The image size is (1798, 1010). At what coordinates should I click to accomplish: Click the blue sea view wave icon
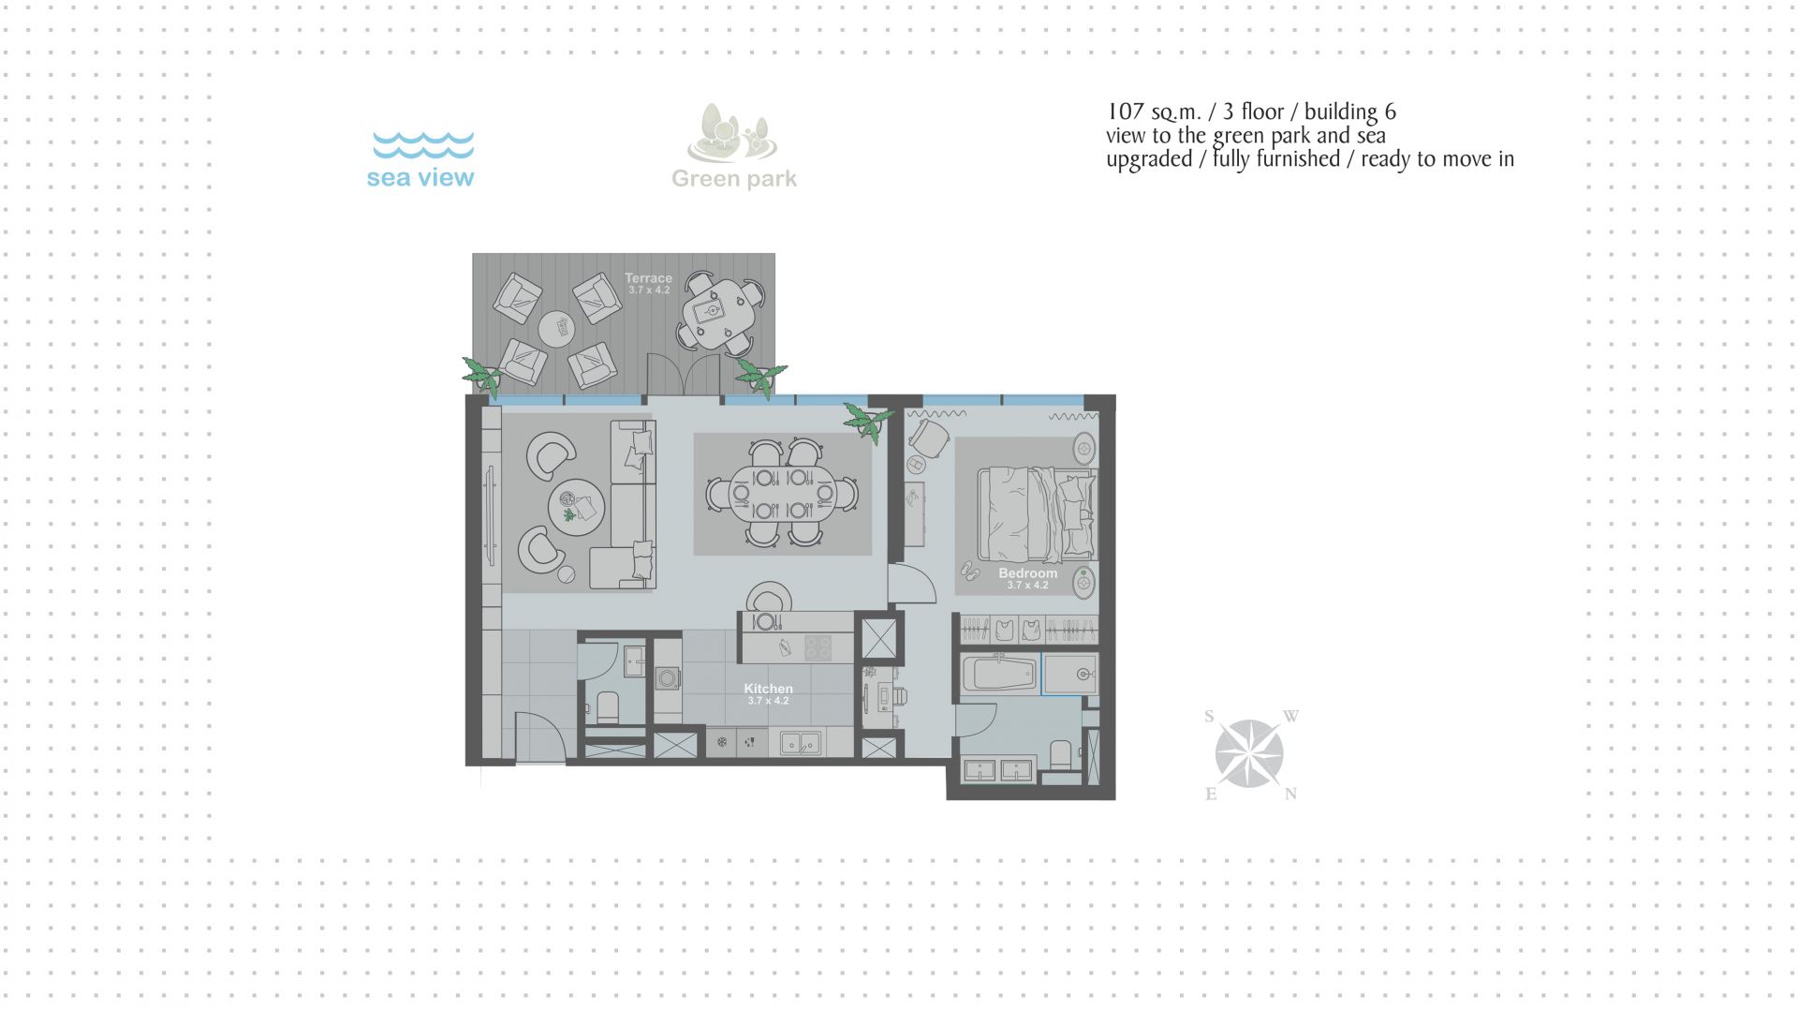tap(423, 145)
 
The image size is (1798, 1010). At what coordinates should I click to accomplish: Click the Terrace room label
tap(648, 278)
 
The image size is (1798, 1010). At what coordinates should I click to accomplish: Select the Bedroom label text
tap(1027, 573)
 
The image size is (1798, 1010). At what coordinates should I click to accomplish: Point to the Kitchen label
tap(768, 689)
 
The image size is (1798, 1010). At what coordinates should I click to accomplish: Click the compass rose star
tap(1249, 753)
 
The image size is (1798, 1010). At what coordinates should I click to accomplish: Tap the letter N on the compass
tap(1290, 794)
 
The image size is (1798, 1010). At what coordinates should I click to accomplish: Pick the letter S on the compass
tap(1209, 717)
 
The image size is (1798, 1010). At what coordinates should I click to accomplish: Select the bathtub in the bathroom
tap(999, 676)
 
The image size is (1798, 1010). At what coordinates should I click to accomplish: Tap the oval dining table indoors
tap(783, 494)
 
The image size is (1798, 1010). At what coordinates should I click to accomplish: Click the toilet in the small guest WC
tap(607, 706)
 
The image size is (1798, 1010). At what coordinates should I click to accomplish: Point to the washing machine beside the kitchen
tap(668, 678)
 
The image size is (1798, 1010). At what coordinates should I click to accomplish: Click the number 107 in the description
tap(1126, 111)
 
